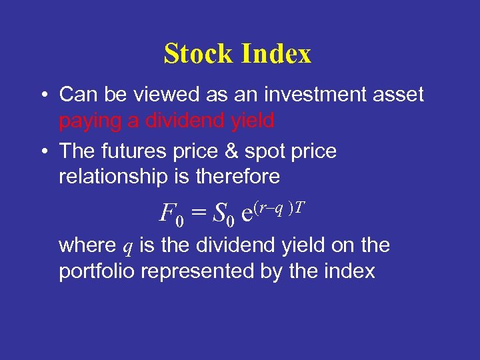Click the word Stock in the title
(x=197, y=54)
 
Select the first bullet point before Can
(x=42, y=95)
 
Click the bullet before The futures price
(x=42, y=152)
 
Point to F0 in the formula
(x=169, y=215)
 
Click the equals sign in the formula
(x=197, y=214)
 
